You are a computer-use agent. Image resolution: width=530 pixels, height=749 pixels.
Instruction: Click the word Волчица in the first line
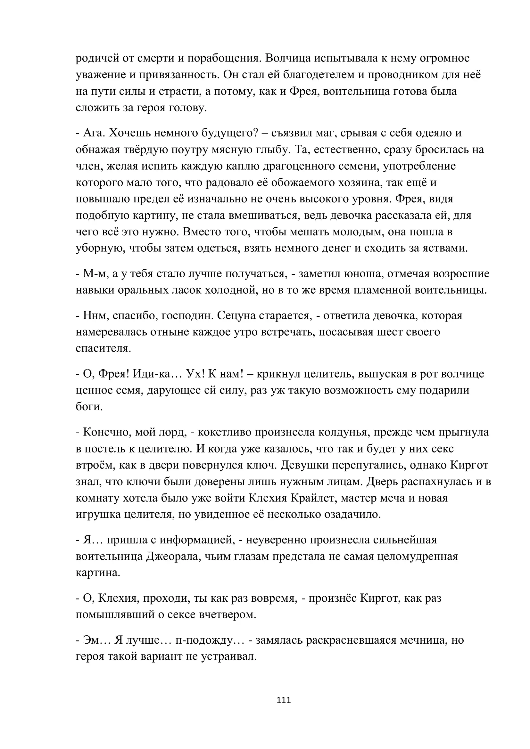click(x=287, y=58)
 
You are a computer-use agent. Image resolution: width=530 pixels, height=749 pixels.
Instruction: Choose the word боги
click(x=89, y=407)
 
